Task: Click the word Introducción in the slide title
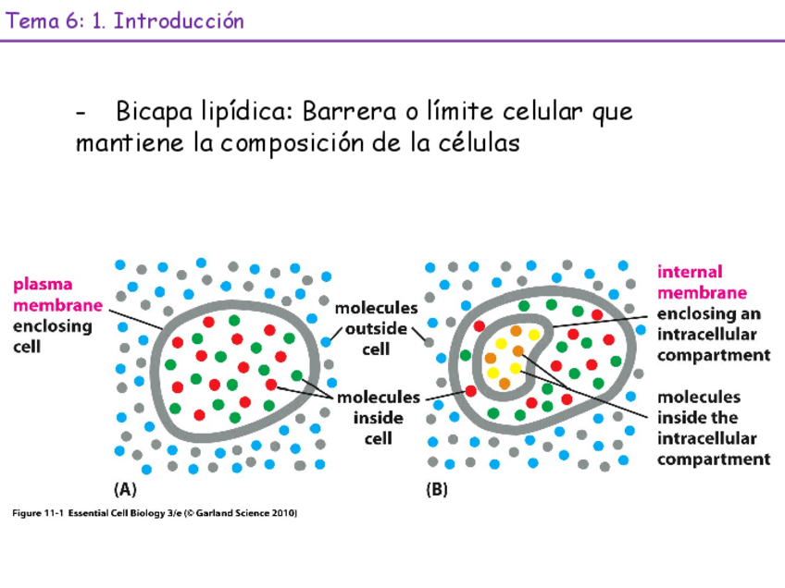[x=180, y=21]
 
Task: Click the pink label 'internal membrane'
[x=702, y=282]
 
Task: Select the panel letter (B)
[x=437, y=491]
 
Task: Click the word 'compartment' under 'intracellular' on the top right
[x=714, y=354]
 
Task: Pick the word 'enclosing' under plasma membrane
[x=52, y=326]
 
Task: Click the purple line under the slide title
[x=392, y=41]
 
